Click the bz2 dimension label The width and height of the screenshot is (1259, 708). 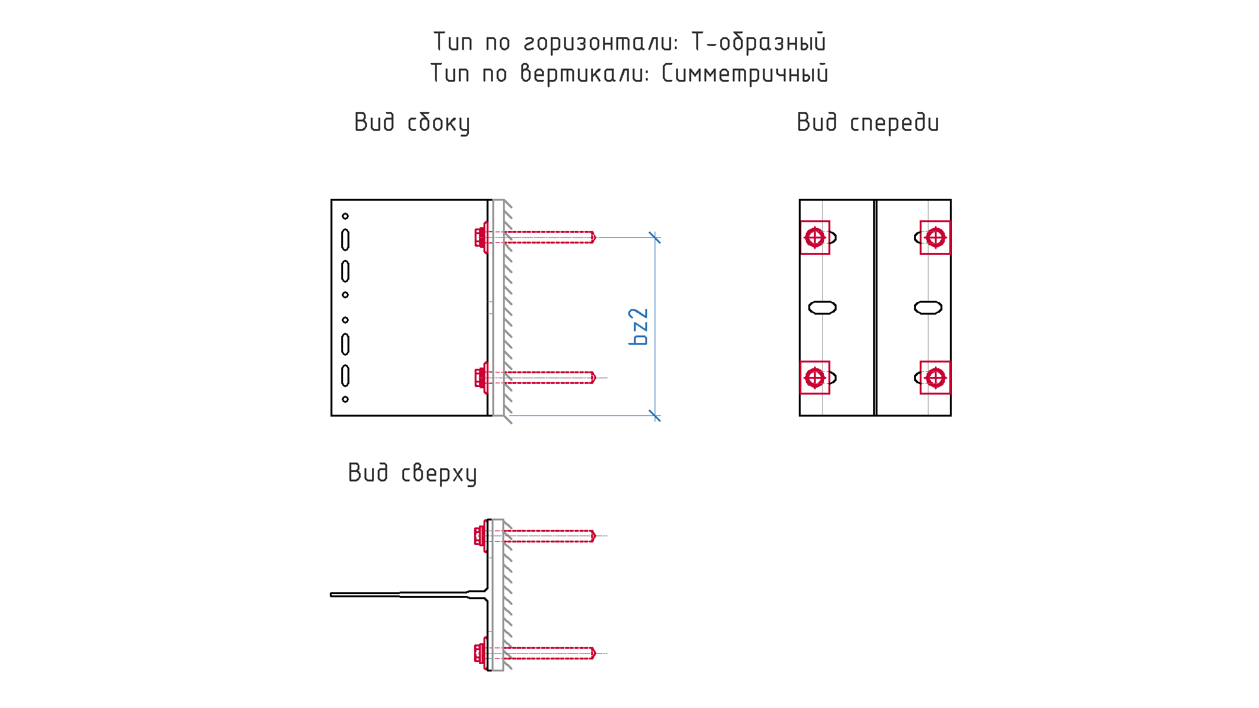point(638,327)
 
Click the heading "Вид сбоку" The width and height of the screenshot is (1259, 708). point(412,123)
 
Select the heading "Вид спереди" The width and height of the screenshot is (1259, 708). point(867,123)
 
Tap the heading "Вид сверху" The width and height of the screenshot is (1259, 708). point(412,473)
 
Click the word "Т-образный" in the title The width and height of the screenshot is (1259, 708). point(759,42)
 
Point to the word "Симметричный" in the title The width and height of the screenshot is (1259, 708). point(745,74)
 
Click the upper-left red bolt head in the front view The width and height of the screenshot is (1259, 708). point(815,238)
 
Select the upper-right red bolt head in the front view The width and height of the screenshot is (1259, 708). point(935,238)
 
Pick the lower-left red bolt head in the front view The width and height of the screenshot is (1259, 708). point(815,378)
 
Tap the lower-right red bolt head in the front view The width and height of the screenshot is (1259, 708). point(935,378)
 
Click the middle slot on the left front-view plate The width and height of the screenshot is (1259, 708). point(822,308)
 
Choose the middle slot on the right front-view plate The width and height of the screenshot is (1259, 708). point(928,308)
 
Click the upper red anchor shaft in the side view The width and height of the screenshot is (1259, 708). point(550,237)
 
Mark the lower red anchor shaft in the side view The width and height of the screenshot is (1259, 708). point(550,378)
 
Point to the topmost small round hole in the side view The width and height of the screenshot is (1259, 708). point(345,216)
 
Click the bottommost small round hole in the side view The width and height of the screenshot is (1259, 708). point(345,399)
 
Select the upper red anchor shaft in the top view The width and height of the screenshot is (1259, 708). point(550,536)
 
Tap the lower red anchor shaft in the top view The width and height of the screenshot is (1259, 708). point(550,653)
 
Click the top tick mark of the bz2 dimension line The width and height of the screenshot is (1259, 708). point(655,238)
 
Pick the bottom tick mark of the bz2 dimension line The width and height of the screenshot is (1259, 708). point(655,415)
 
